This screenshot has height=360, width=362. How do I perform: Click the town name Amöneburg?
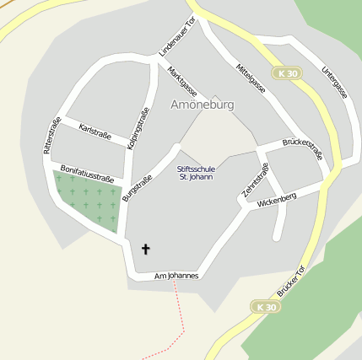(x=202, y=105)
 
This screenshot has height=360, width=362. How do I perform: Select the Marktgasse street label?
(x=182, y=81)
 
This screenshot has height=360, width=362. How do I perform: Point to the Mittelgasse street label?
(x=251, y=78)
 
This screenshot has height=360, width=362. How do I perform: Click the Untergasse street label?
(x=334, y=83)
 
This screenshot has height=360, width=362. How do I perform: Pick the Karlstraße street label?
(x=94, y=132)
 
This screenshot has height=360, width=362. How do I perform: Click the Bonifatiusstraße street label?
(x=87, y=174)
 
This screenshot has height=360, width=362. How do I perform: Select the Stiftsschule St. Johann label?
(x=195, y=173)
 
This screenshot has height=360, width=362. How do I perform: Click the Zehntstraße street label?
(x=255, y=180)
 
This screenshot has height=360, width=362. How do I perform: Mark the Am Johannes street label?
(x=176, y=276)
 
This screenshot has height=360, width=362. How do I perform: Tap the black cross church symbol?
(x=145, y=249)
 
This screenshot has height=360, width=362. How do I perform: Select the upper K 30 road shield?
(x=287, y=73)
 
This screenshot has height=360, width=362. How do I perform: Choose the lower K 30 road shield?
(x=265, y=307)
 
